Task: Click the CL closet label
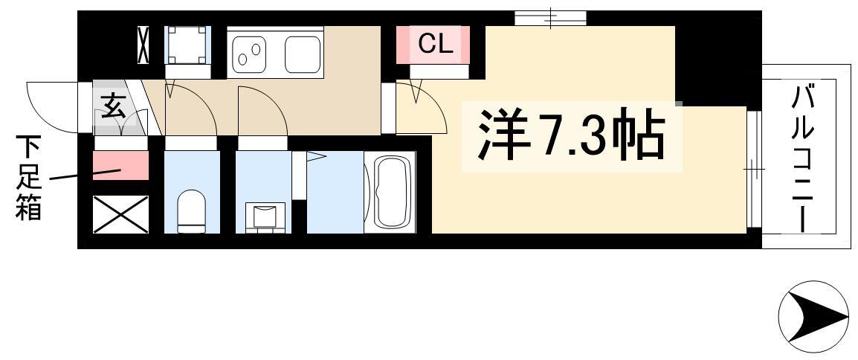point(436,45)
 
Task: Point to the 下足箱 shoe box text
point(28,178)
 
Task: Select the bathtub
point(390,192)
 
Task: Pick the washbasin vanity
point(264,218)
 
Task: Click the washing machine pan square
point(187,45)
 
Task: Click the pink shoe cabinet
point(120,166)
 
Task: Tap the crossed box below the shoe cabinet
point(120,214)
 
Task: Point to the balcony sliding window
point(755,169)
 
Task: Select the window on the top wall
point(550,19)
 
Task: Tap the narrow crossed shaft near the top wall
point(143,45)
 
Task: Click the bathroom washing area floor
point(335,192)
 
